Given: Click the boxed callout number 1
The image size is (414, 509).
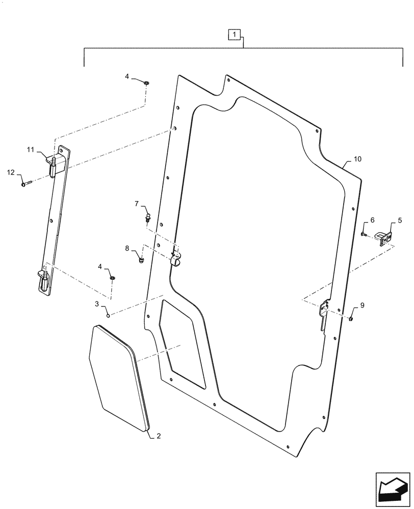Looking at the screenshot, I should pyautogui.click(x=234, y=35).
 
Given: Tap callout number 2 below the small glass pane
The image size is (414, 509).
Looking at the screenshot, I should pyautogui.click(x=159, y=436).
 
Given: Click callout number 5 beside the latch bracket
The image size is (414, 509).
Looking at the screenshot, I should pyautogui.click(x=400, y=220).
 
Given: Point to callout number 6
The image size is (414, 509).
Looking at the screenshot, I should pyautogui.click(x=372, y=220).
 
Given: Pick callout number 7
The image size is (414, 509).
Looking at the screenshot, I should pyautogui.click(x=136, y=204).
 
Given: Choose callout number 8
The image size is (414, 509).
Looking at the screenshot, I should pyautogui.click(x=127, y=248).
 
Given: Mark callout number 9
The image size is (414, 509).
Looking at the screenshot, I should pyautogui.click(x=363, y=305).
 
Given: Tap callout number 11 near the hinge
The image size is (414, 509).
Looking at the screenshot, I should pyautogui.click(x=30, y=150).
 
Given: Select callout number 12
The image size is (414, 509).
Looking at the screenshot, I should pyautogui.click(x=10, y=173).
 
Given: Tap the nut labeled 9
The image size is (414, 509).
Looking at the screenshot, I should pyautogui.click(x=352, y=319).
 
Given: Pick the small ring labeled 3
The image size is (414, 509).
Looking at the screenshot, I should pyautogui.click(x=108, y=315).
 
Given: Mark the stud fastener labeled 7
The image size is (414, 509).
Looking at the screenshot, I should pyautogui.click(x=148, y=218).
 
